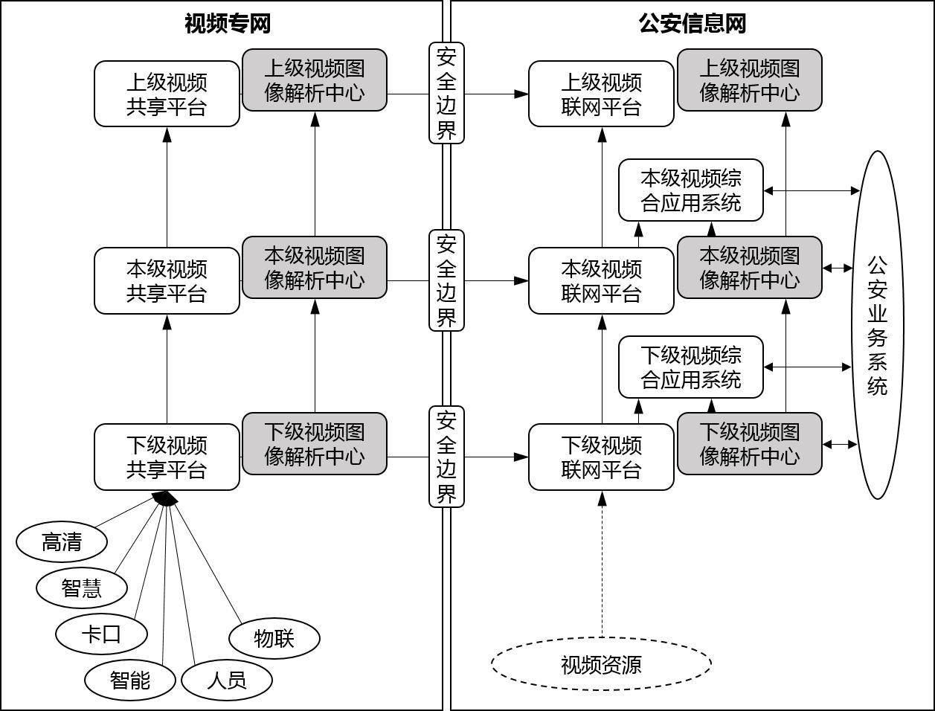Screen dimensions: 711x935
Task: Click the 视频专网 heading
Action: [227, 24]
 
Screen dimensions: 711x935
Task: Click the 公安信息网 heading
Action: [692, 24]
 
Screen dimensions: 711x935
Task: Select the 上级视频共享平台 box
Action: [167, 94]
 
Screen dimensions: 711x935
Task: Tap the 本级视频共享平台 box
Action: [167, 281]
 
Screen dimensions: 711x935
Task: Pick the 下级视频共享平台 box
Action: [167, 457]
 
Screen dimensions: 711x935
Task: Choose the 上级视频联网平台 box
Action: [601, 94]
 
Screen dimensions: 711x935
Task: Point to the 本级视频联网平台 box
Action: [601, 281]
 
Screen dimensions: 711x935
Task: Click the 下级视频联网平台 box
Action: [601, 457]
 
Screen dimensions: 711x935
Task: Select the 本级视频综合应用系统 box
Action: [691, 190]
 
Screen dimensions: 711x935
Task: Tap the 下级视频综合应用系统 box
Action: [691, 367]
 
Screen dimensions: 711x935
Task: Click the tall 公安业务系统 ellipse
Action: [878, 325]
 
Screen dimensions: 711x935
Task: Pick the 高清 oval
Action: [62, 542]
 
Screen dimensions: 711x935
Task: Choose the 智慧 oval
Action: [82, 588]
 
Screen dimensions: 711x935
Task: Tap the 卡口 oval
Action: [101, 634]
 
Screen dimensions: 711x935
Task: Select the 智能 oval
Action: [130, 680]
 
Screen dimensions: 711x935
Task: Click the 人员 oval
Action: [227, 680]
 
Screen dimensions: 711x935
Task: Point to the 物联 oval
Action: [274, 638]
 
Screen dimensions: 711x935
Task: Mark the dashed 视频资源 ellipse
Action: [601, 664]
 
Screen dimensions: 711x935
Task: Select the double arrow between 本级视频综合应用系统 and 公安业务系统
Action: [812, 191]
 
